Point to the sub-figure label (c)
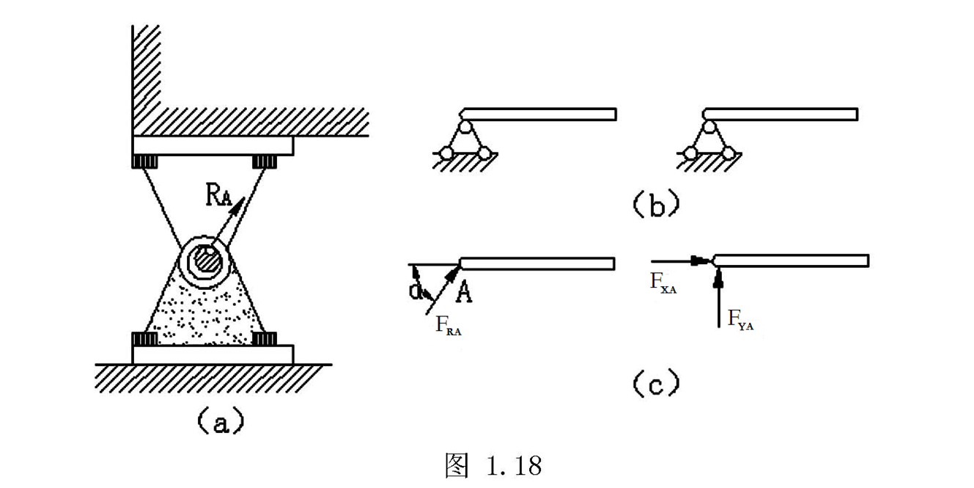pyautogui.click(x=657, y=383)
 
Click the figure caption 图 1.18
pyautogui.click(x=493, y=466)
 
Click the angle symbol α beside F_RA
pyautogui.click(x=416, y=291)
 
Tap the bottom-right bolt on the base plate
pyautogui.click(x=263, y=339)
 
